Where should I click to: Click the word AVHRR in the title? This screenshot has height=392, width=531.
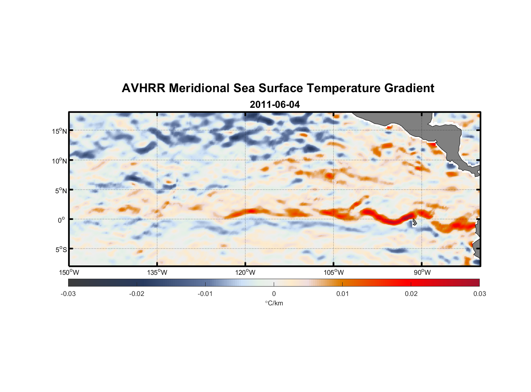coord(143,88)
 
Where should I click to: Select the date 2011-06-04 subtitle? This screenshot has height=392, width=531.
coord(275,105)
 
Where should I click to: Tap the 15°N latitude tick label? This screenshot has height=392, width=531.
coord(60,131)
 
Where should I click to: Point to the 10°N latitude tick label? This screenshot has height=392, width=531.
coord(60,161)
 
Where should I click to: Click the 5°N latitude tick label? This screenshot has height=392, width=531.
coord(61,191)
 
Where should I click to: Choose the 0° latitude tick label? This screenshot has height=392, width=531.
coord(61,220)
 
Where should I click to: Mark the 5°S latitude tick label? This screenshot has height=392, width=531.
coord(61,250)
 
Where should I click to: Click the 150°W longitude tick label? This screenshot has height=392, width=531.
coord(69,272)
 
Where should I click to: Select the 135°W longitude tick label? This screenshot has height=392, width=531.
coord(157,272)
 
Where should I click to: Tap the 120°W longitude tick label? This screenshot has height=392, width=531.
coord(245,272)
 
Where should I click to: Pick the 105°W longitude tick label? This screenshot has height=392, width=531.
coord(334,272)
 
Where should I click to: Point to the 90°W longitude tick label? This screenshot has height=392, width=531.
coord(422,272)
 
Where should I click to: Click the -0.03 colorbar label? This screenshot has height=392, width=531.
coord(68,294)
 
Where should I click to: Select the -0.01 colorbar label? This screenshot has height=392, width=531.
coord(205,294)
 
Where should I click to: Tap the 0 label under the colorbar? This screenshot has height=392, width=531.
coord(274,294)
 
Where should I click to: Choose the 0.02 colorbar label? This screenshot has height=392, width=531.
coord(411,294)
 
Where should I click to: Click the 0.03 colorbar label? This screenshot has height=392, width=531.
coord(479,294)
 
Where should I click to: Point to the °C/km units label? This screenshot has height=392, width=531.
coord(274,303)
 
